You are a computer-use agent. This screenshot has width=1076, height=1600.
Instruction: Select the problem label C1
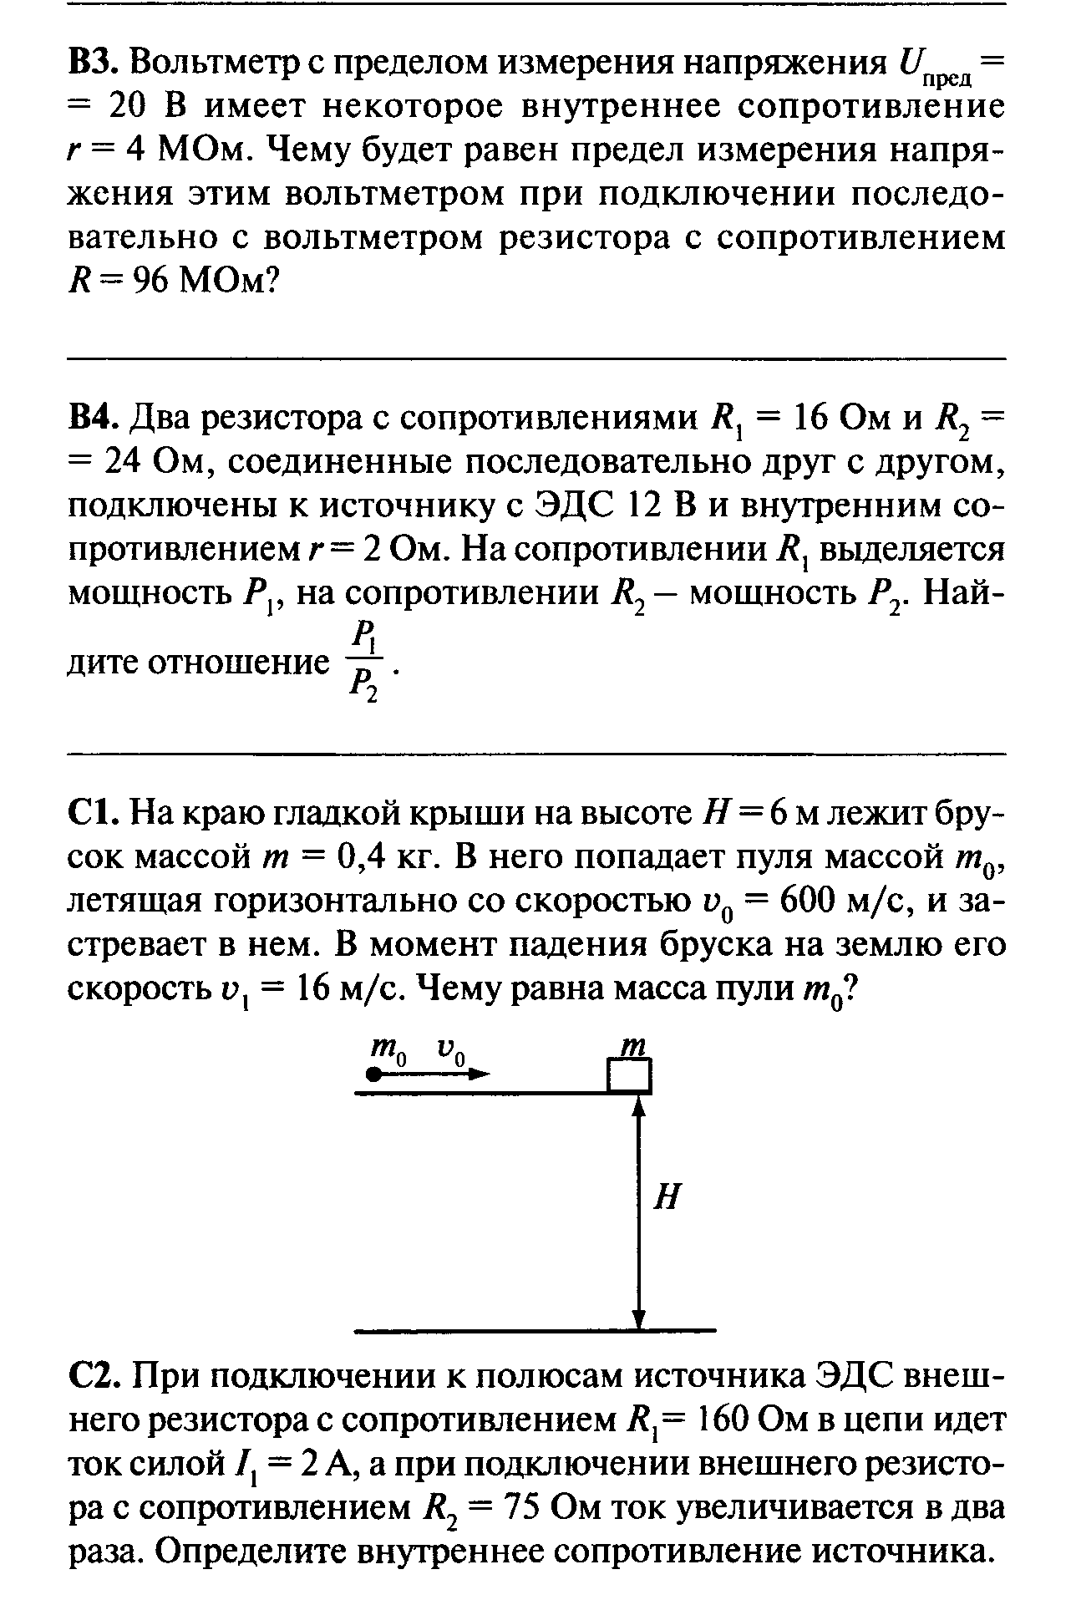pyautogui.click(x=94, y=812)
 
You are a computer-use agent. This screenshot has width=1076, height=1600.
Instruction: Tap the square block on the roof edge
pyautogui.click(x=629, y=1075)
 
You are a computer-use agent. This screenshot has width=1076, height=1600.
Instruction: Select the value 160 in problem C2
pyautogui.click(x=725, y=1421)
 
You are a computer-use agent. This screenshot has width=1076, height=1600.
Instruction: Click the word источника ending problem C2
pyautogui.click(x=906, y=1552)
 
